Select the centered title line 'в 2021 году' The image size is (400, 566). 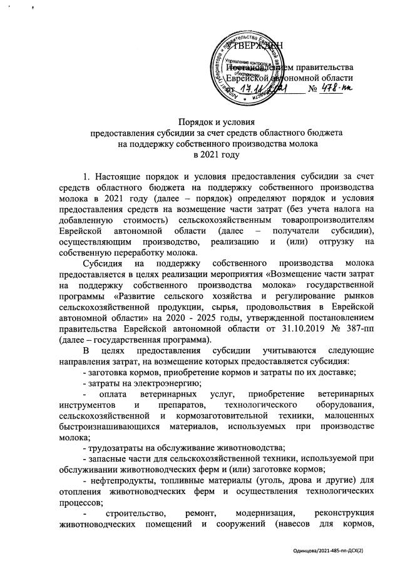(x=200, y=154)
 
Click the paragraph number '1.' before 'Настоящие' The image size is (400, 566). (x=87, y=179)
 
